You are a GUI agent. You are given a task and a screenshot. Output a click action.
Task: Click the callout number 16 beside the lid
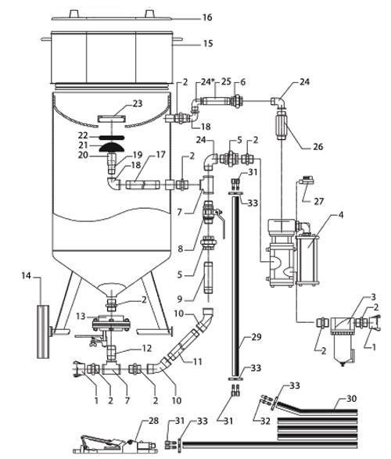207,17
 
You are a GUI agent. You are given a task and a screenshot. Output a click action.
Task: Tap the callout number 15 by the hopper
208,44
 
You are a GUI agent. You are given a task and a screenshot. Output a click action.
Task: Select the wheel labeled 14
44,332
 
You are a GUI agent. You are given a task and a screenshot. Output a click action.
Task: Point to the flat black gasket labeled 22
112,137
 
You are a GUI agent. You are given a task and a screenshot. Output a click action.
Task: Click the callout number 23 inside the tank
138,104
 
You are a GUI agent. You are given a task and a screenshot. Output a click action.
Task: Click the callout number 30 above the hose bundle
352,399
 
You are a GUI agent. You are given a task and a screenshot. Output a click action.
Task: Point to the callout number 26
317,146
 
